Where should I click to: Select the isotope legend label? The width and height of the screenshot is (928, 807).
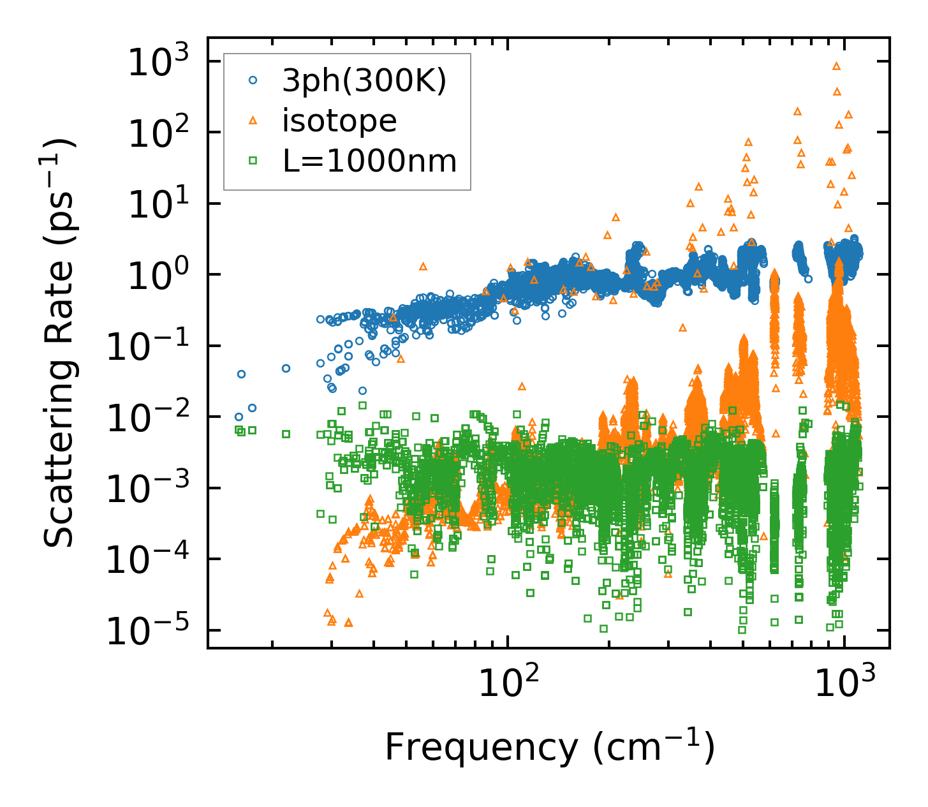tap(339, 121)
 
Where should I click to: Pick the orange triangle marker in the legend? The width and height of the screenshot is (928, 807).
tap(253, 120)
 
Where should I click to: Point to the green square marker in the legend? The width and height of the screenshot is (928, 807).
tap(253, 161)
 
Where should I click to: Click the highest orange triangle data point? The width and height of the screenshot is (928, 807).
tap(836, 66)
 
